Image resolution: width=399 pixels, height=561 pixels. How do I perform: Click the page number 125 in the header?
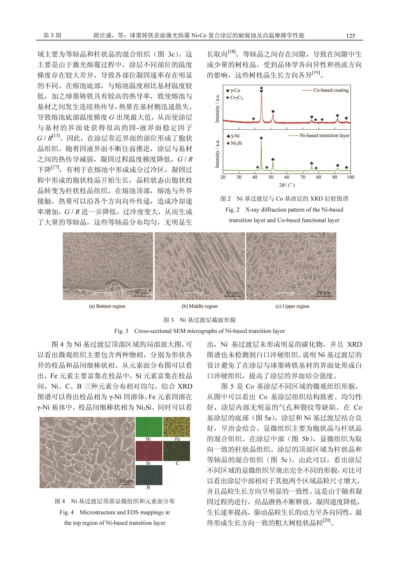[x=350, y=36]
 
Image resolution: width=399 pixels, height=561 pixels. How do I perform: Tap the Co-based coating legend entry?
[x=331, y=90]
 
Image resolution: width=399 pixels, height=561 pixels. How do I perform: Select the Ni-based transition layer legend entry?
[x=324, y=135]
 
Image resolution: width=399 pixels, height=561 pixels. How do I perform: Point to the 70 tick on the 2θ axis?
[x=303, y=177]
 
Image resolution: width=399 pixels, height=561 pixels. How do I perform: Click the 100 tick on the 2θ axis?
[x=350, y=177]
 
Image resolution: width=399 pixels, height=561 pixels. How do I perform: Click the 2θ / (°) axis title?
[x=287, y=185]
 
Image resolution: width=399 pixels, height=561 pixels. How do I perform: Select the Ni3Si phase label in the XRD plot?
[x=236, y=143]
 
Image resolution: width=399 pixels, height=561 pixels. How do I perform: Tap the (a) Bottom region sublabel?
[x=107, y=306]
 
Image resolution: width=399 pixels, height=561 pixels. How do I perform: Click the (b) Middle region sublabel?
[x=200, y=306]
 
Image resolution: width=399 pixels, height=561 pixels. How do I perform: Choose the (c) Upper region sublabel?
[x=292, y=306]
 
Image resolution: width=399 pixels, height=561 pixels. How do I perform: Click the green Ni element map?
[x=149, y=427]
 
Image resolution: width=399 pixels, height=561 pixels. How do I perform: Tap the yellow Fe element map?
[x=176, y=427]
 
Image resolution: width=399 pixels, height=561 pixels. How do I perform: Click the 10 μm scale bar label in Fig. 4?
[x=126, y=481]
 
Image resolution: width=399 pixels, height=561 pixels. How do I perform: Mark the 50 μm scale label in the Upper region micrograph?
[x=324, y=293]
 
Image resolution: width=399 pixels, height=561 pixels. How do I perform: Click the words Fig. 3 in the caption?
[x=121, y=331]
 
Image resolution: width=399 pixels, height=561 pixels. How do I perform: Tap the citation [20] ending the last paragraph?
[x=327, y=520]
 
